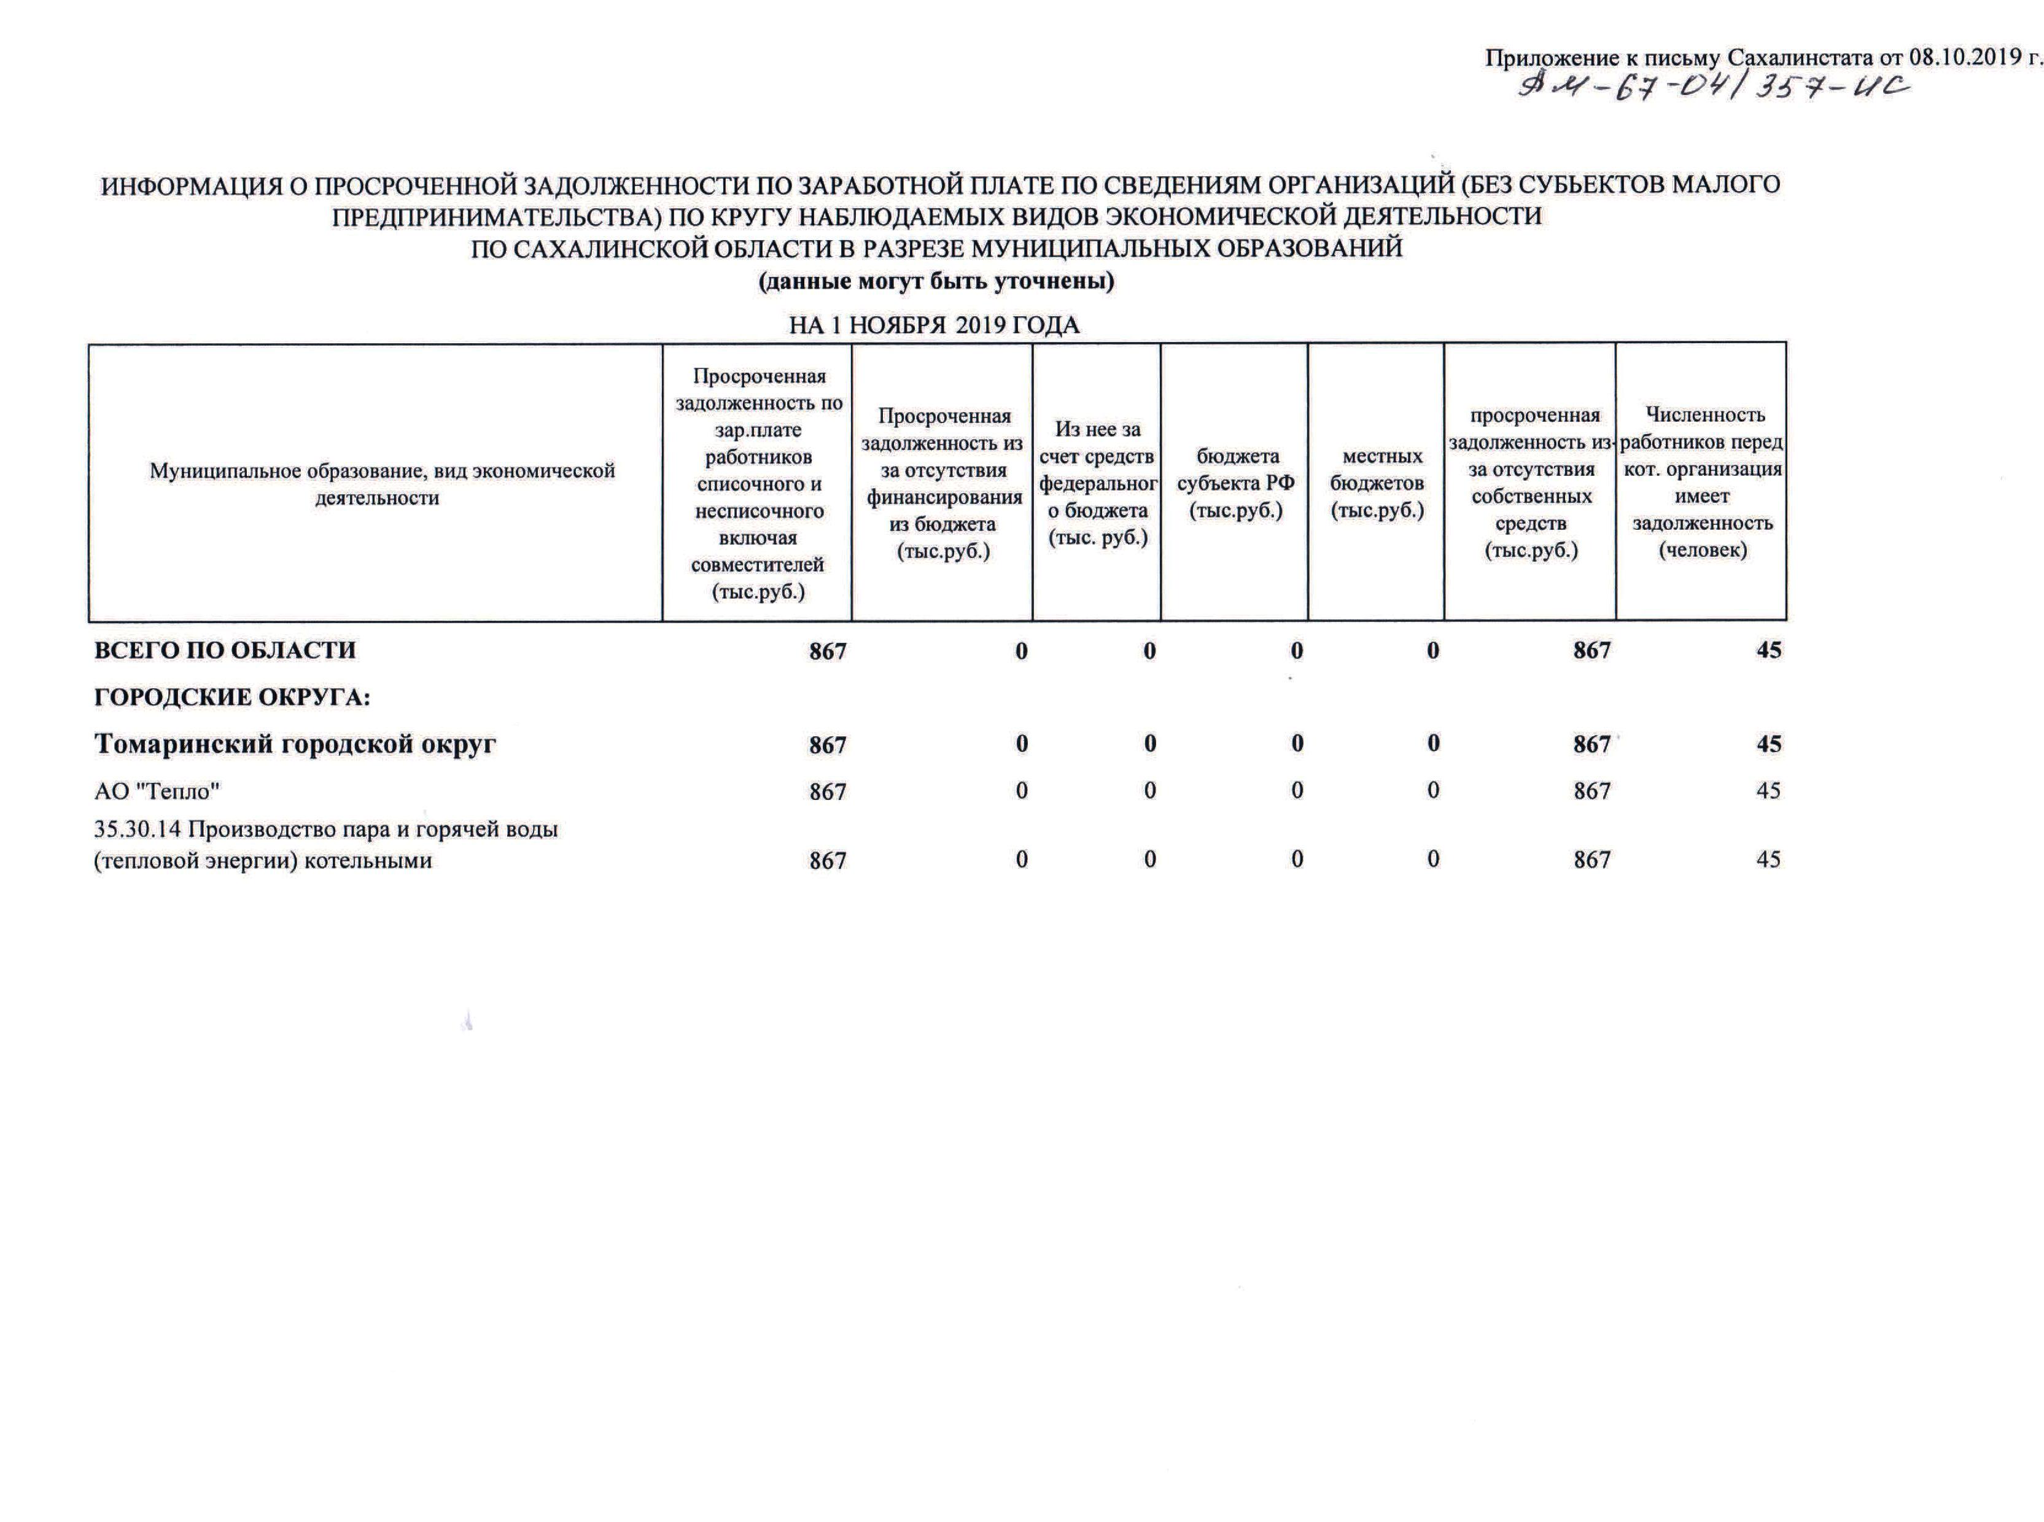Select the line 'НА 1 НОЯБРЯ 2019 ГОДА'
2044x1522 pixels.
coord(933,325)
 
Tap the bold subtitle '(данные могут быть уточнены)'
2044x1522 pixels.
coord(936,280)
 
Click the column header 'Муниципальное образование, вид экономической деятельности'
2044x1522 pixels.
coord(381,484)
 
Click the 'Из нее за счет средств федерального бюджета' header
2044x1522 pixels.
coord(1097,484)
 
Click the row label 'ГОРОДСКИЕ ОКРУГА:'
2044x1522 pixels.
coord(232,697)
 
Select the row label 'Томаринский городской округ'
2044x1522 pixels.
coord(295,744)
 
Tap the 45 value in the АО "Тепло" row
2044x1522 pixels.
coord(1768,791)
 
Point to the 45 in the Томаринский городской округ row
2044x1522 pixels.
coord(1768,744)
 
